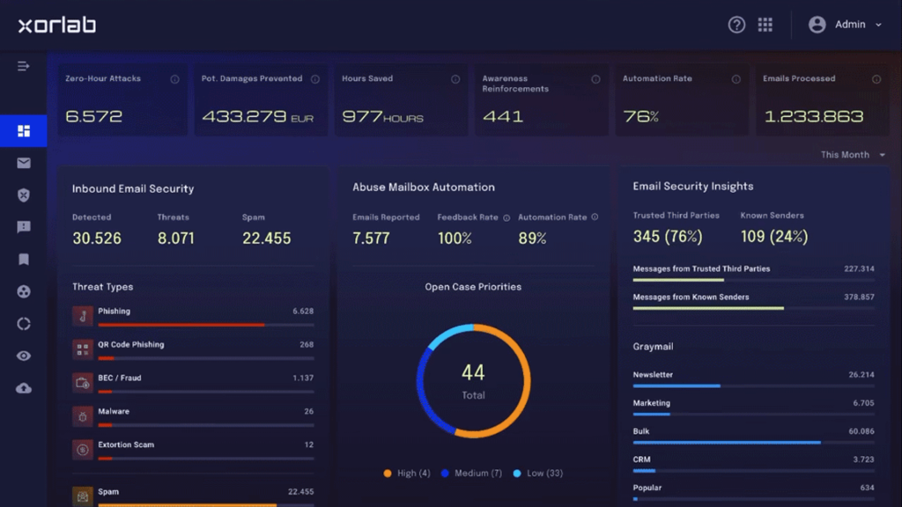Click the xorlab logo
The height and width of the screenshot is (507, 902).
tap(57, 25)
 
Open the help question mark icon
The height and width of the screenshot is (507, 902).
tap(736, 25)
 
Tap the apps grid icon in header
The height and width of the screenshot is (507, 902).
tap(765, 25)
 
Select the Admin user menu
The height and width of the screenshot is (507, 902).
tap(845, 25)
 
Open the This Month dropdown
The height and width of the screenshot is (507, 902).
tap(853, 155)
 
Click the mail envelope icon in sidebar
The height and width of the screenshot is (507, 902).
tap(24, 163)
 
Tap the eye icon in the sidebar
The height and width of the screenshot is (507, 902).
tap(24, 356)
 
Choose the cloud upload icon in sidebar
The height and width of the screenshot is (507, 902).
tap(24, 388)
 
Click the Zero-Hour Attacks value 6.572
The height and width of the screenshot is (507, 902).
tap(93, 116)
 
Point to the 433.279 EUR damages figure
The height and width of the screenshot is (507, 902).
tap(258, 117)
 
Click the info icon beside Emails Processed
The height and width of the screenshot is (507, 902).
tap(876, 79)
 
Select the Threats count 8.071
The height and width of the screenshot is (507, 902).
tap(176, 238)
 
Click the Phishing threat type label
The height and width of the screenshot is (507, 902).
tap(114, 311)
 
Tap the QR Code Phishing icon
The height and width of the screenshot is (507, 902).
tap(82, 349)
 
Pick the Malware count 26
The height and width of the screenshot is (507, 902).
tap(309, 412)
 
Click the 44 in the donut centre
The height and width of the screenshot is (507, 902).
tap(473, 372)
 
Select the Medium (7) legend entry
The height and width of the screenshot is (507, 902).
tap(472, 473)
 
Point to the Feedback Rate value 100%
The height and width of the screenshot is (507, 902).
tap(455, 238)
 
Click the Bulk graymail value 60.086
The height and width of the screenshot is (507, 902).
tap(861, 431)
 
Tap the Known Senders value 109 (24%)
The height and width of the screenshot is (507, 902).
tap(774, 236)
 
